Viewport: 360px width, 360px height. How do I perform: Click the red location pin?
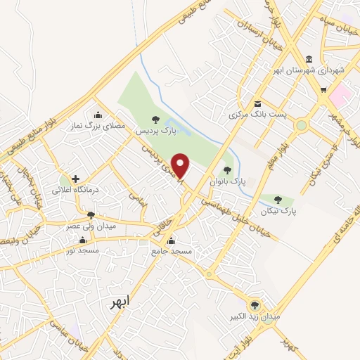(181, 166)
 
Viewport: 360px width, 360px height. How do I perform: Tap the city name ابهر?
(120, 302)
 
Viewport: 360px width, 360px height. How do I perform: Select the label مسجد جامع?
(170, 251)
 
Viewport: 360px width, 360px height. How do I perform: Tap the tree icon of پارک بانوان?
(226, 169)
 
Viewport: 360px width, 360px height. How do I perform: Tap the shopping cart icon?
(323, 89)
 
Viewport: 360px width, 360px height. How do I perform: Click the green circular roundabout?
(302, 126)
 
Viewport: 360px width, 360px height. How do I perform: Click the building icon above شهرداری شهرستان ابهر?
(309, 60)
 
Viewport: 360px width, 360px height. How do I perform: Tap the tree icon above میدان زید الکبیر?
(255, 305)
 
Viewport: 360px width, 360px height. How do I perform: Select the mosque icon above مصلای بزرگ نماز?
(98, 115)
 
